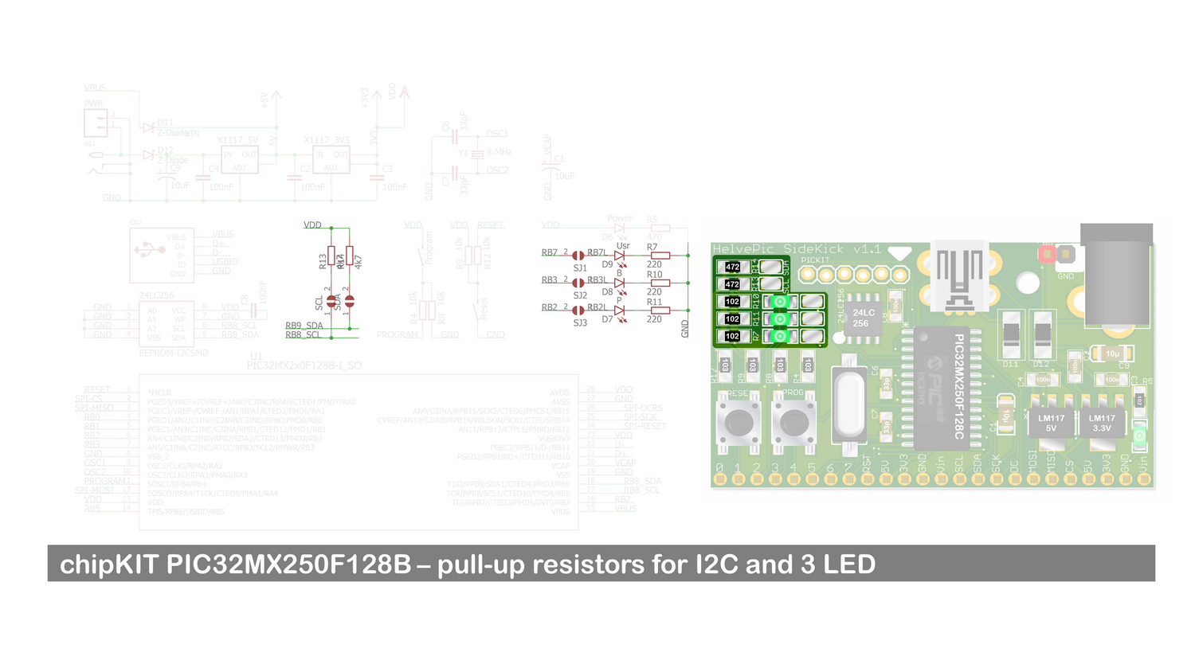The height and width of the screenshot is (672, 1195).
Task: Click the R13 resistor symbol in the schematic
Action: click(331, 256)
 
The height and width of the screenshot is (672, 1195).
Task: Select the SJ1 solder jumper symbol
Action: click(578, 256)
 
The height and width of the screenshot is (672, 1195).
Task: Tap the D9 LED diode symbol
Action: click(619, 256)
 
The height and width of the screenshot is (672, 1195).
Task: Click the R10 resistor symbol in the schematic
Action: click(660, 283)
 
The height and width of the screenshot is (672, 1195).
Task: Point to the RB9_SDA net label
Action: click(304, 326)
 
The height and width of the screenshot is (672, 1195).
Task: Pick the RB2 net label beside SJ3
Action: click(550, 307)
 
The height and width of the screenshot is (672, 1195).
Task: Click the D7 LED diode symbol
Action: click(619, 311)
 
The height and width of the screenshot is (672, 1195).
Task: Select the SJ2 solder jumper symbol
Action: click(578, 283)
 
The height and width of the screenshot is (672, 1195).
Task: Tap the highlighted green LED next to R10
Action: click(780, 302)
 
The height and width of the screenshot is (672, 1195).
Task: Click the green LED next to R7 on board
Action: click(780, 336)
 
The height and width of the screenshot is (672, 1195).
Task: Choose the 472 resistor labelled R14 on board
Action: click(732, 268)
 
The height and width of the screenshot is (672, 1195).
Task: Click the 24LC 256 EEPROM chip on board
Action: click(863, 318)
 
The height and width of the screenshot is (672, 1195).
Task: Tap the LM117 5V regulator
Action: click(1051, 422)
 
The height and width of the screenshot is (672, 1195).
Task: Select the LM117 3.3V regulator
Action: click(1102, 422)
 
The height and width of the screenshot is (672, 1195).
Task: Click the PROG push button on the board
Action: click(793, 422)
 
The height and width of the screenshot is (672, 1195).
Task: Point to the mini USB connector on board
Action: click(958, 275)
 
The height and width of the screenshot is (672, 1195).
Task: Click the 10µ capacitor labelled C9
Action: click(1112, 354)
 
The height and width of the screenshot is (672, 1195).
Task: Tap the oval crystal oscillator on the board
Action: click(849, 404)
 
